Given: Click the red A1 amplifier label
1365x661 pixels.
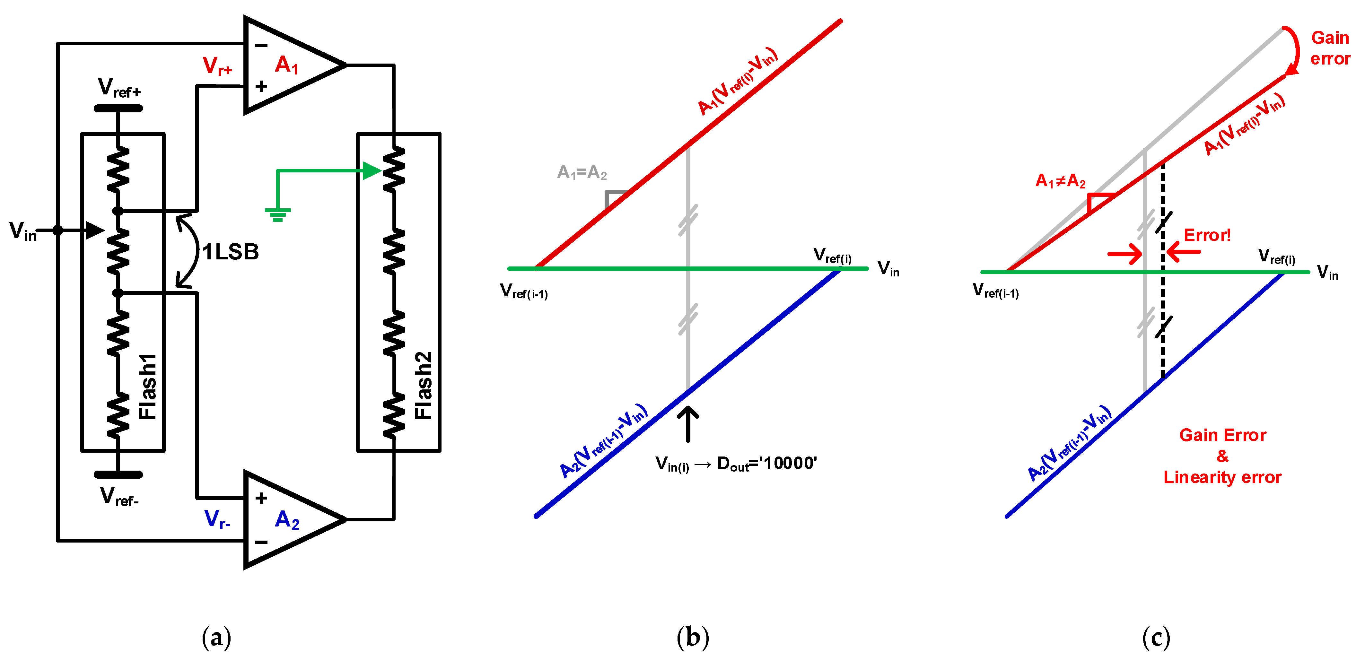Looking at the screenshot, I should pos(287,65).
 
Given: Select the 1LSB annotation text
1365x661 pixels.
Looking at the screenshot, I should pos(231,252).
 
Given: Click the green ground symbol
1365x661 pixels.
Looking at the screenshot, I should pos(278,214).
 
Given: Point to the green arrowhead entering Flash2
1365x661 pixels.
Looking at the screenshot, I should pos(372,170).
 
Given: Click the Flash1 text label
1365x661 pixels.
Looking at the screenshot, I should pos(148,386).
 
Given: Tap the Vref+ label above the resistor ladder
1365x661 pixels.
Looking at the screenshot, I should pos(119,88).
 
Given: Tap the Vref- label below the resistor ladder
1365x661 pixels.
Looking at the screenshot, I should pos(119,497).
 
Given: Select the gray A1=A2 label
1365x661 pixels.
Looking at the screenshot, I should pos(582,173).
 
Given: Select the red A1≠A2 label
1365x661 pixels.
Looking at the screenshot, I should pos(1060,181).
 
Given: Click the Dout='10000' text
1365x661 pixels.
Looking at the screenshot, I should pos(767,464).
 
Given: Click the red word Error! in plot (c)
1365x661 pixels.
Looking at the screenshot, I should pos(1207,235).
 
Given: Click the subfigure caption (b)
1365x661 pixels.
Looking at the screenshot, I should pos(693,637).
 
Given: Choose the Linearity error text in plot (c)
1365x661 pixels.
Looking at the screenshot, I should pos(1222,477).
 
